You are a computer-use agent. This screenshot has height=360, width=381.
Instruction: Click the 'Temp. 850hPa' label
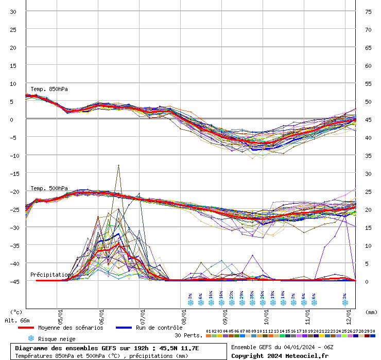[x=49, y=89]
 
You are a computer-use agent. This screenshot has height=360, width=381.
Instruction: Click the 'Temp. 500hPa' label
[x=49, y=188]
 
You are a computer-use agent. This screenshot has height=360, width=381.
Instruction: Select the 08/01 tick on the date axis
[x=184, y=312]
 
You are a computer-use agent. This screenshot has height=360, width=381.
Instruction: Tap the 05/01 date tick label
[x=61, y=312]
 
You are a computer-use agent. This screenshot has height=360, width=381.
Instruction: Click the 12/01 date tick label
[x=349, y=312]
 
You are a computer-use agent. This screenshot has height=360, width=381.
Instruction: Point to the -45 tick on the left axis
[x=13, y=281]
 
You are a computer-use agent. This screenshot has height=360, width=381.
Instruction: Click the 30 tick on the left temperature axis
[x=13, y=11]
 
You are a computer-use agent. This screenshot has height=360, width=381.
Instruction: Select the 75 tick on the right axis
[x=368, y=11]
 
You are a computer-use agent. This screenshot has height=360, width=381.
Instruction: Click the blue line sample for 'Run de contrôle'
[x=124, y=328]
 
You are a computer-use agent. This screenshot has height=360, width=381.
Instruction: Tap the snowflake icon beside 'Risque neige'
[x=31, y=338]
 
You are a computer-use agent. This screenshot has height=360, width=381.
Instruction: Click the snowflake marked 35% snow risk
[x=252, y=303]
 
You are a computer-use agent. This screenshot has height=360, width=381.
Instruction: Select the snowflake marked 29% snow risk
[x=242, y=303]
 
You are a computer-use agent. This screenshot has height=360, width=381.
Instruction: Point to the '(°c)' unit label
[x=16, y=312]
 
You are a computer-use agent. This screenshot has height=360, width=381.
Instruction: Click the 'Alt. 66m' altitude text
[x=18, y=320]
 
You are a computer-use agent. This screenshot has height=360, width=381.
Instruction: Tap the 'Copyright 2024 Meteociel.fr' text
[x=280, y=356]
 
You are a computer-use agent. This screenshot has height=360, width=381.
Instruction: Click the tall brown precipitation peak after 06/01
[x=119, y=166]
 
